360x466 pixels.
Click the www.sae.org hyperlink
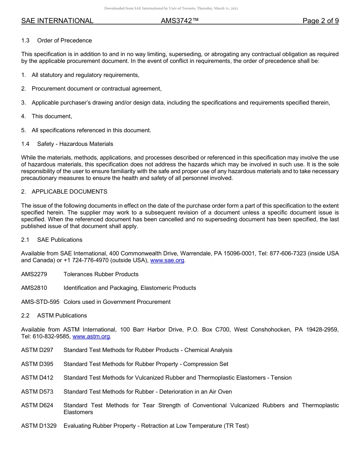tap(167, 260)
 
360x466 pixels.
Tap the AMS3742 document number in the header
tap(179, 21)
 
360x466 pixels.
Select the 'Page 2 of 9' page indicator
tap(320, 21)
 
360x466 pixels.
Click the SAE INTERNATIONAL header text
tap(57, 21)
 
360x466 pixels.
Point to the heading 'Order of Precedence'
tap(64, 41)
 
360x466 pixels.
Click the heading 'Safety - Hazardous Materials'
tap(75, 144)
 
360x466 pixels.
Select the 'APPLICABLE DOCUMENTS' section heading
tap(69, 192)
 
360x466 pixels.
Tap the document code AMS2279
tap(34, 274)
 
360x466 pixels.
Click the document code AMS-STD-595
tap(40, 302)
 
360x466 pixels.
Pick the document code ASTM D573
tap(37, 392)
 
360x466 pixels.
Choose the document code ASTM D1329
tap(39, 426)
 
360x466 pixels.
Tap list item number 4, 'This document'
tap(52, 116)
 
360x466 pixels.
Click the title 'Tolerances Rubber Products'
tap(101, 274)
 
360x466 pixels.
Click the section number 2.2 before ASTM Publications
tap(25, 316)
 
